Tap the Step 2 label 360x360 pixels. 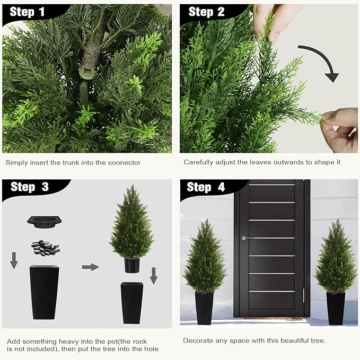point(206,12)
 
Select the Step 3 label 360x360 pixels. point(30,187)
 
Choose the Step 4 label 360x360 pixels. point(206,187)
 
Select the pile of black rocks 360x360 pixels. point(45,247)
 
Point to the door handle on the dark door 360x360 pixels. point(244,238)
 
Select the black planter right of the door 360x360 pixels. point(335,308)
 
